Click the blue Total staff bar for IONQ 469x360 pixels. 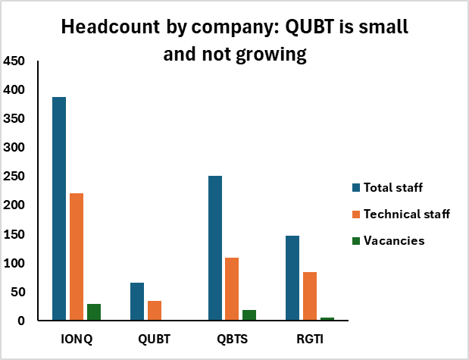click(59, 208)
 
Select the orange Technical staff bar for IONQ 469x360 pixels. click(77, 257)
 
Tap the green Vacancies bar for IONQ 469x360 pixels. click(94, 312)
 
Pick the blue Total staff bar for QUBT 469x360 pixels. click(137, 302)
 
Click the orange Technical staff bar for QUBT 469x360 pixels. click(155, 311)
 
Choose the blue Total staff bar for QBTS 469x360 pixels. click(215, 248)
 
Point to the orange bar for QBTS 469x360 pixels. click(232, 289)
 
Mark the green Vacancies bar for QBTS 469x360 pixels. click(249, 315)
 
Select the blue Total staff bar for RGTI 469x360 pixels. click(292, 278)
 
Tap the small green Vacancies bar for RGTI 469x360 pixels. click(327, 319)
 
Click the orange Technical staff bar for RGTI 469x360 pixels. click(310, 296)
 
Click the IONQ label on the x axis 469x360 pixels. click(77, 339)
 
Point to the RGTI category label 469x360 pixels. click(310, 339)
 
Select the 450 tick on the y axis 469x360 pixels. click(14, 61)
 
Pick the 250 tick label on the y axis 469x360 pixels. click(14, 176)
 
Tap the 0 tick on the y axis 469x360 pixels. click(21, 321)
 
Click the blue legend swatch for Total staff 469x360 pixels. click(356, 188)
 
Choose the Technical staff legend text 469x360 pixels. click(407, 214)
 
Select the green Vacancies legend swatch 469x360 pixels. click(356, 241)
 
